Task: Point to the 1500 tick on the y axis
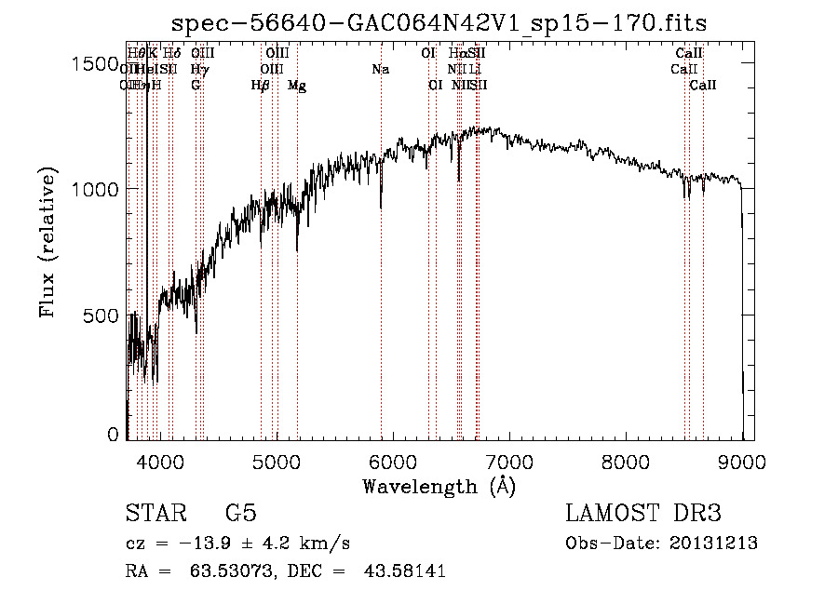coord(96,64)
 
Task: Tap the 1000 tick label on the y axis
coord(96,189)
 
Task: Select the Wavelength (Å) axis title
coord(439,486)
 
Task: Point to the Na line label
coord(380,70)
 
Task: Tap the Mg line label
coord(297,86)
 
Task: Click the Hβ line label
coord(261,86)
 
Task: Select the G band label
coord(196,86)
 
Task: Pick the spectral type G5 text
coord(240,514)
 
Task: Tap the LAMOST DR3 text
coord(643,514)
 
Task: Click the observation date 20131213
coord(714,544)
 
